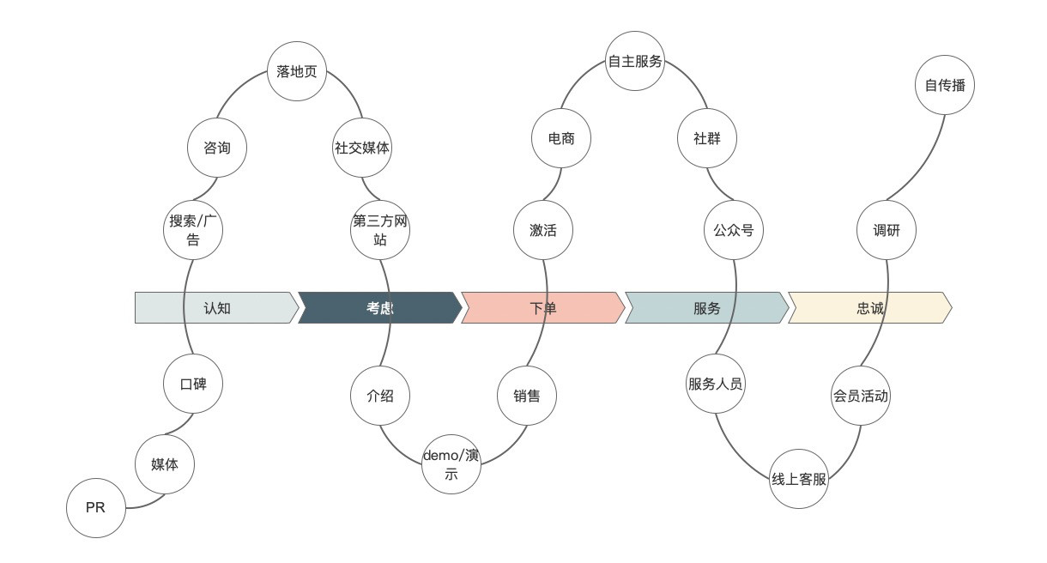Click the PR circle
pos(96,508)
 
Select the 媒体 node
pos(165,464)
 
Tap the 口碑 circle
pos(193,384)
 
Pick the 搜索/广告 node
pos(193,229)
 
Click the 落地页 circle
pos(297,71)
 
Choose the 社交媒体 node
pos(361,148)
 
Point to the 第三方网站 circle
pos(380,229)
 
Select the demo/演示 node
pos(451,464)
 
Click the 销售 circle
pos(527,396)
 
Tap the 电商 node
pos(561,138)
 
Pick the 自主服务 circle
pos(635,61)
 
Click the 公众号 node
pos(734,230)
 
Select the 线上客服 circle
pos(799,479)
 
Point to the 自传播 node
pos(945,85)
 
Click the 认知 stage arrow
pos(216,308)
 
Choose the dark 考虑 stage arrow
pos(379,308)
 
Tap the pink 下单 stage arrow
pos(542,308)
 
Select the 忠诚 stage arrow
pos(869,308)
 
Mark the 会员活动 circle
pos(860,396)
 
